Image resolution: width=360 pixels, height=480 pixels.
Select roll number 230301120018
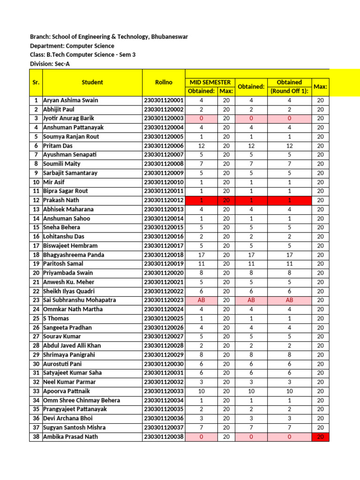click(164, 255)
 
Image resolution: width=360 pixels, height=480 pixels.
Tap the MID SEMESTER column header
click(210, 82)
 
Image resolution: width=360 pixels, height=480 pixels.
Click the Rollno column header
click(164, 82)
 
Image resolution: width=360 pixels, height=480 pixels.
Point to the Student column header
click(92, 82)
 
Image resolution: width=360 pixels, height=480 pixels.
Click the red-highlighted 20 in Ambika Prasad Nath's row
click(321, 437)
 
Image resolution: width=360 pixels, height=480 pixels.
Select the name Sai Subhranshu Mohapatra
click(79, 300)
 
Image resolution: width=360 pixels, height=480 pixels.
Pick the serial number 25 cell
click(36, 318)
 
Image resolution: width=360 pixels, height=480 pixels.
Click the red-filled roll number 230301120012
click(164, 200)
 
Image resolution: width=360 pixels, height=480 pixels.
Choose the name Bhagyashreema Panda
click(74, 255)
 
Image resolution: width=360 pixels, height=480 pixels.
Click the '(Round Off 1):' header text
click(289, 91)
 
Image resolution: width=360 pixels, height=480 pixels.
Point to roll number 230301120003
click(164, 119)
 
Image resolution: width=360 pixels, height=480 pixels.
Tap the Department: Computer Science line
click(72, 46)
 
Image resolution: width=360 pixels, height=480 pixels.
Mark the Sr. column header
click(36, 82)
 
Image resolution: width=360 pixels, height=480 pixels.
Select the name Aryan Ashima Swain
click(70, 100)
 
